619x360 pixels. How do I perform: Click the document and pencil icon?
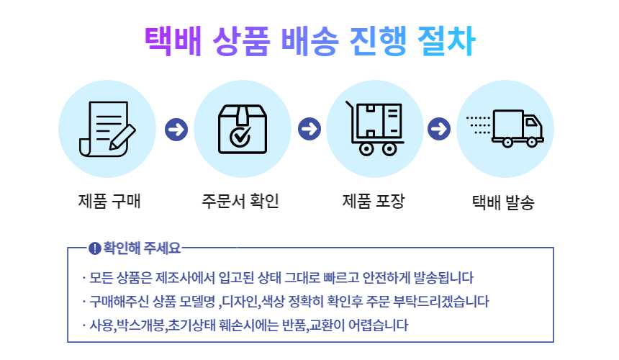(x=107, y=129)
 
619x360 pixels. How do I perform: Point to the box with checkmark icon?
(x=243, y=129)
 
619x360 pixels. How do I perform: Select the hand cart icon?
(x=375, y=129)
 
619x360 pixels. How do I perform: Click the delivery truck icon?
(x=506, y=129)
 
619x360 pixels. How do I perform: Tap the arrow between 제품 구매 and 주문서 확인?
(x=175, y=130)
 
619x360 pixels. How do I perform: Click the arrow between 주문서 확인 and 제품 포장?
(x=309, y=130)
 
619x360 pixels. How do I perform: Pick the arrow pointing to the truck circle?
(x=438, y=130)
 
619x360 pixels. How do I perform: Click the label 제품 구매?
(x=109, y=201)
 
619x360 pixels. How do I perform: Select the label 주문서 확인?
(x=240, y=201)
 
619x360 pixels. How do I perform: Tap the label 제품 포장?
(x=373, y=201)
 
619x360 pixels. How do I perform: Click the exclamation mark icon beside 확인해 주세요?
(x=94, y=249)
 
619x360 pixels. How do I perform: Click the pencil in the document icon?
(x=121, y=136)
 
